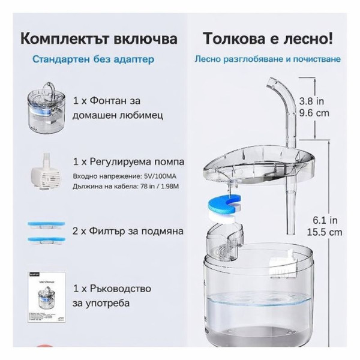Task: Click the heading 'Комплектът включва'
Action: (x=99, y=39)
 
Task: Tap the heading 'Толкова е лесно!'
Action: (x=267, y=39)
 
